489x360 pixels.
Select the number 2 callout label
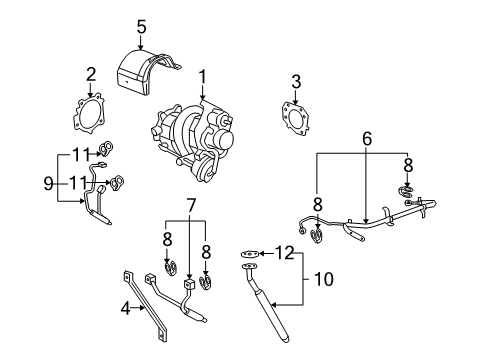click(90, 73)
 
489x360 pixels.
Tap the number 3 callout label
click(296, 81)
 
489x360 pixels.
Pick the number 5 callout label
click(141, 26)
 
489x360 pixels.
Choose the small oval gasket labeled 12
click(247, 256)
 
